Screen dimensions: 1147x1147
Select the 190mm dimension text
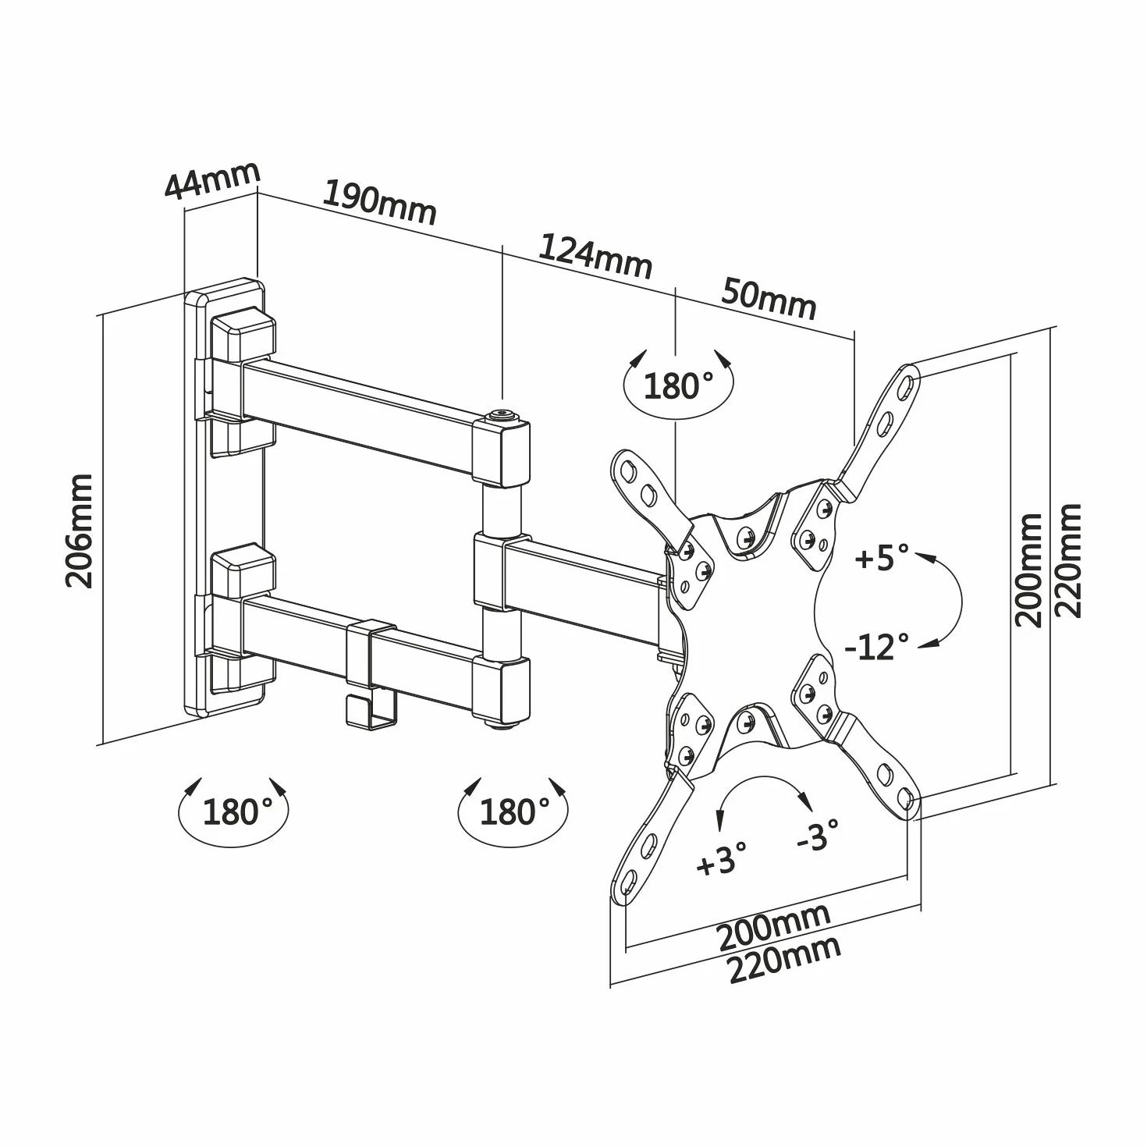point(380,202)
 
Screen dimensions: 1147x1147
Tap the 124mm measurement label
point(595,257)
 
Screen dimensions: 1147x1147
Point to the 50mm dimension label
point(769,300)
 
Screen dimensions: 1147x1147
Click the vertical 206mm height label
point(80,531)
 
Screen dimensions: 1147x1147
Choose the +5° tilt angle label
point(882,557)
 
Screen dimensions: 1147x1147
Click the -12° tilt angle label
point(877,646)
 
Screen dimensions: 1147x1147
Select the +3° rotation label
point(722,859)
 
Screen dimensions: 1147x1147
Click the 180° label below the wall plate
point(237,811)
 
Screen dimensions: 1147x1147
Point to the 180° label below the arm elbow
point(514,811)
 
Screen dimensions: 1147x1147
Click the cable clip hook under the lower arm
point(370,712)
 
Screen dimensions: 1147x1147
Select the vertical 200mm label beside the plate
point(1028,570)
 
